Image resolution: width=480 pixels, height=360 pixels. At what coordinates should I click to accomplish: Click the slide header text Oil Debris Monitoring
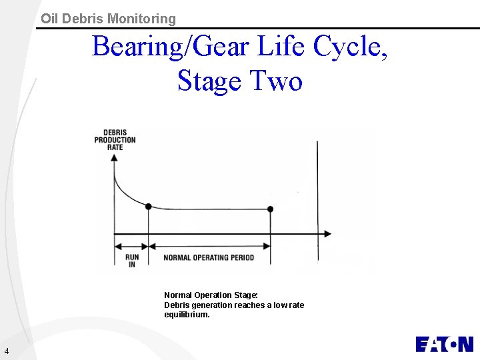[x=108, y=19]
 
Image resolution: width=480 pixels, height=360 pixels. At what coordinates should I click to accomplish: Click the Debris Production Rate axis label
[x=115, y=139]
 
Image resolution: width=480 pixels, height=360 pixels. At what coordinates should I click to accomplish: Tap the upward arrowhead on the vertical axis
[x=115, y=159]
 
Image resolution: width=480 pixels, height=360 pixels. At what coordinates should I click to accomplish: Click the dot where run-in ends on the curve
[x=148, y=207]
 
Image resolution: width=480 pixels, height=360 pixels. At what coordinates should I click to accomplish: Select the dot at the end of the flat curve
[x=270, y=209]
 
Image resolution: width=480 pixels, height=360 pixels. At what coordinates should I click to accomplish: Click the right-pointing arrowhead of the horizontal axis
[x=327, y=233]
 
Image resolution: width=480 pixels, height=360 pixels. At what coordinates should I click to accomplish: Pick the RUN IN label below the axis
[x=131, y=261]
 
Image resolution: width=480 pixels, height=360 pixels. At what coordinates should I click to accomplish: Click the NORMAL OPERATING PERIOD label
[x=209, y=257]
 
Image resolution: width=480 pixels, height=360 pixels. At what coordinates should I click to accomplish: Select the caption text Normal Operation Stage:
[x=211, y=295]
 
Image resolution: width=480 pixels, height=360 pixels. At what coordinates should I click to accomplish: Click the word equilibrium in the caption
[x=187, y=315]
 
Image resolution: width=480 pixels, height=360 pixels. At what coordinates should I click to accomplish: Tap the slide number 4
[x=6, y=351]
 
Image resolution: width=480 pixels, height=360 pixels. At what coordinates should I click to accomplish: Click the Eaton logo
[x=444, y=344]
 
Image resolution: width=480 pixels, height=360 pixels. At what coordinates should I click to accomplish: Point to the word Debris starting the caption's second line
[x=177, y=305]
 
